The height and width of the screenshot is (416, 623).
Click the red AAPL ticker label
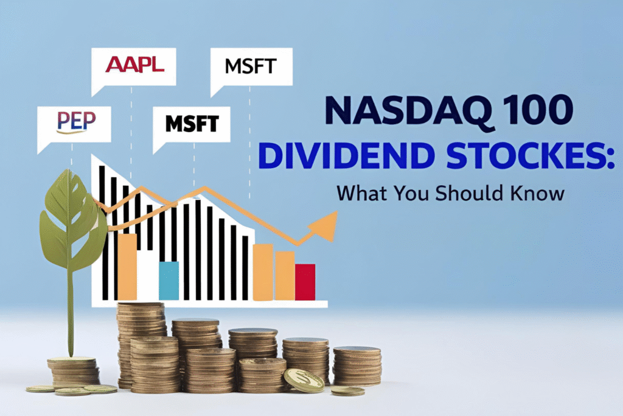[x=134, y=64]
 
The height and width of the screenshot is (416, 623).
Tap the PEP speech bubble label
[x=75, y=121]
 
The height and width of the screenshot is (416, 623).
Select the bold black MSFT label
[x=192, y=124]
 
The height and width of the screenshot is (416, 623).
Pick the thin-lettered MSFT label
[x=251, y=65]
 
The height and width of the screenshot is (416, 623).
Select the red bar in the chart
[x=305, y=281]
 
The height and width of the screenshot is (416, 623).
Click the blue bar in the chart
[x=169, y=280]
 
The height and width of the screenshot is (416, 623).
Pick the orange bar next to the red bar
[x=285, y=275]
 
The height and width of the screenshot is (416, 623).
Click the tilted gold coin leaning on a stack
[x=304, y=380]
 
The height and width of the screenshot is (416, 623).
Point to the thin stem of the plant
[x=71, y=317]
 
